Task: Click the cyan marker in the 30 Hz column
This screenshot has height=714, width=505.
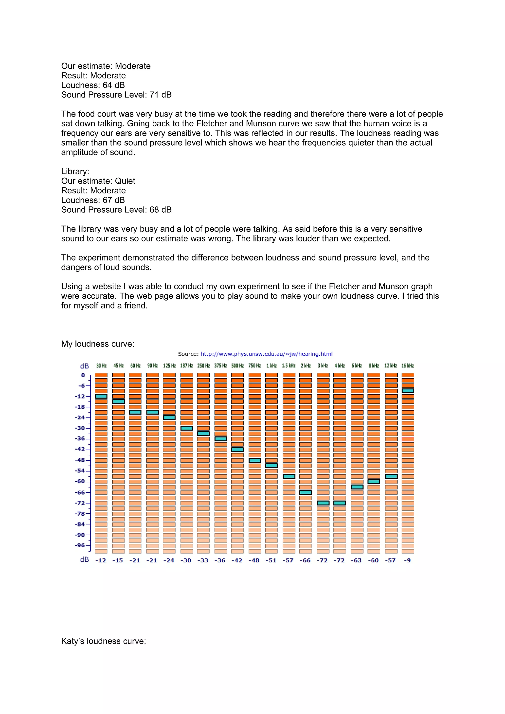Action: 101,396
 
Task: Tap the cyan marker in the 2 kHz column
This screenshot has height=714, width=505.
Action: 305,492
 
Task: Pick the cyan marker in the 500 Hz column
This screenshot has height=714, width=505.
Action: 237,449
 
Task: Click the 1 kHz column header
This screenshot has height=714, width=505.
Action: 271,366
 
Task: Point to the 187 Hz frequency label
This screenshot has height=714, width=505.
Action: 186,366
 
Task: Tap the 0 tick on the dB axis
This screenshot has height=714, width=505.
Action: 83,375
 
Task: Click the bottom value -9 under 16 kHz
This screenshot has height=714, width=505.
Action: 407,560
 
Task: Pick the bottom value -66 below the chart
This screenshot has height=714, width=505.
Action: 305,560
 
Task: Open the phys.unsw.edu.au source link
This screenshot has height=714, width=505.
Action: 266,354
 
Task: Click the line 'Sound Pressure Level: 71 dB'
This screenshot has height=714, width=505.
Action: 116,95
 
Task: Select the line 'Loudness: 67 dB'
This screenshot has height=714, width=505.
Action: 93,200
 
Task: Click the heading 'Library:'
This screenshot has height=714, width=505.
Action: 75,171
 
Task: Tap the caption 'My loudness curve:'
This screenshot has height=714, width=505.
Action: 98,344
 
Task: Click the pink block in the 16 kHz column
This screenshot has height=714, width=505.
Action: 408,439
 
